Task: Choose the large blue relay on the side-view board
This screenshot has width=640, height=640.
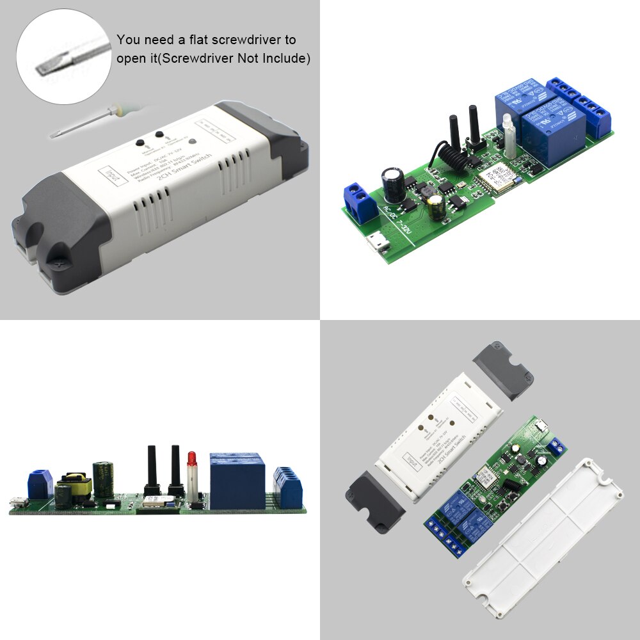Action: click(237, 480)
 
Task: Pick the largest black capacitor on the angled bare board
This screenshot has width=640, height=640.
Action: click(392, 182)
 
